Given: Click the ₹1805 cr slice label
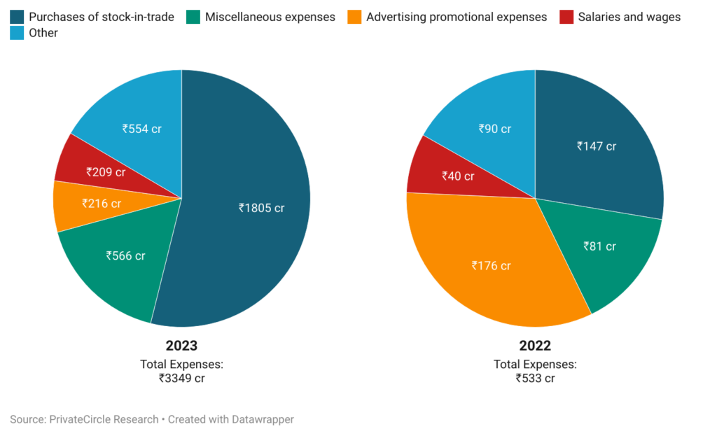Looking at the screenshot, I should (x=262, y=208).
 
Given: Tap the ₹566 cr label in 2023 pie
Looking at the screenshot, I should (x=125, y=256).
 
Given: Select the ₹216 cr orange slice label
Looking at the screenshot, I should (x=102, y=204).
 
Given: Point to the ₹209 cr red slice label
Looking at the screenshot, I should (x=106, y=171).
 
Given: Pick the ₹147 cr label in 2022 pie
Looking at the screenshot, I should (x=597, y=146).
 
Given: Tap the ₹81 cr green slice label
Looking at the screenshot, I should (x=599, y=246).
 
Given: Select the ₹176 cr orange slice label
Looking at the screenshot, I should (x=491, y=266).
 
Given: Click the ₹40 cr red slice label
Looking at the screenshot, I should (x=458, y=176).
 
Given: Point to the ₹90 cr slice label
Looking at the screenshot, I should (x=495, y=129).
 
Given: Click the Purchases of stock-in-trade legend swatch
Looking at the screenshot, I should (x=16, y=17).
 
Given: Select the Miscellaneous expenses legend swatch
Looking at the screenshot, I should (x=193, y=17).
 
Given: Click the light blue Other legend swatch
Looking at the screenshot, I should (x=16, y=33).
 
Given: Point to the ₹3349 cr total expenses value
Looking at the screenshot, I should (x=181, y=379).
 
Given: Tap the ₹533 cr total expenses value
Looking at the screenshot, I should (x=535, y=379).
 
